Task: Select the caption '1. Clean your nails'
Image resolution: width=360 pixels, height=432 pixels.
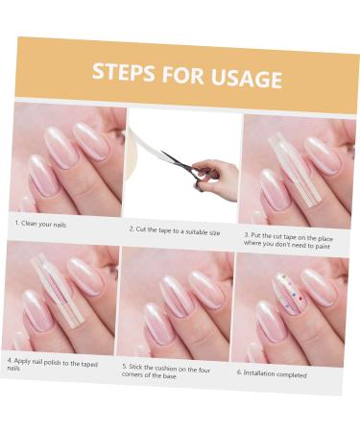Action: point(40,224)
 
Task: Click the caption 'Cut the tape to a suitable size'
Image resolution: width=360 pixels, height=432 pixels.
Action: point(176,231)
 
